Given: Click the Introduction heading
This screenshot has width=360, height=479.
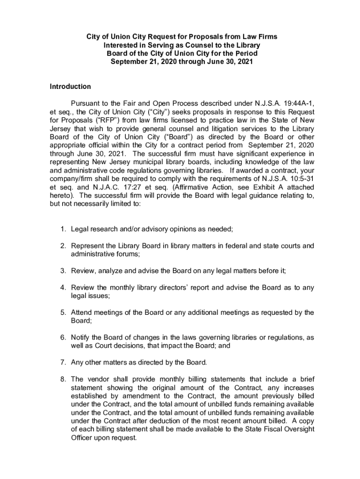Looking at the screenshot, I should [x=70, y=87].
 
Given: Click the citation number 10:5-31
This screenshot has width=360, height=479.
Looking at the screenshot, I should [x=299, y=179].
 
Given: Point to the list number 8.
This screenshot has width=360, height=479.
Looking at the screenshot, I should [x=62, y=379].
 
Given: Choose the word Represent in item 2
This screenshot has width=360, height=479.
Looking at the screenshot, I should [x=88, y=246].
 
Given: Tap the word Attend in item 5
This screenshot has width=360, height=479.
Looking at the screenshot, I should [x=82, y=312].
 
